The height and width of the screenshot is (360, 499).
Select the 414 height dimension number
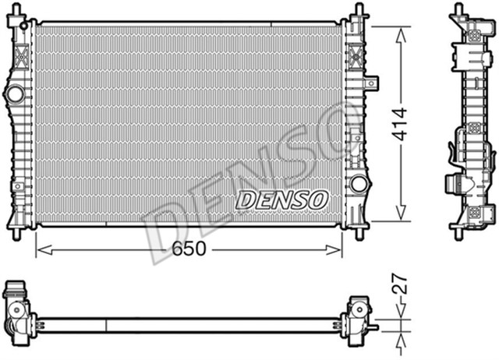400,123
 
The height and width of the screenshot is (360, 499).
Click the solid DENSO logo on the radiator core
281,199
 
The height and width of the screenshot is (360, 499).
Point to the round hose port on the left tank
15,94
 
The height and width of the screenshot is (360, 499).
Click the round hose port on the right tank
359,184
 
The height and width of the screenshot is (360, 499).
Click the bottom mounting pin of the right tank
358,232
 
